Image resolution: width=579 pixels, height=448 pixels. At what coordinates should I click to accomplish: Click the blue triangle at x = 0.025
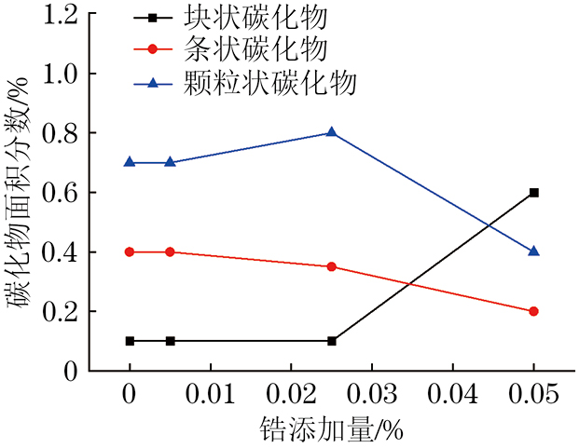pos(332,132)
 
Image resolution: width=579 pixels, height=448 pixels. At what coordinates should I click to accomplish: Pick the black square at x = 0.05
pos(533,192)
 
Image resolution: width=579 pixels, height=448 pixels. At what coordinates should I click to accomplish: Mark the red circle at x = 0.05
pos(533,311)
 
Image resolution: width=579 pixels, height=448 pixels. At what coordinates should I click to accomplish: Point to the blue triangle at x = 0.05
pos(533,251)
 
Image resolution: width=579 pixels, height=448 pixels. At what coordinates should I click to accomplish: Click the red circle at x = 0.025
pos(332,266)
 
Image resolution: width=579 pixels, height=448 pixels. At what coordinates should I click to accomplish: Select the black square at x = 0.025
pos(332,341)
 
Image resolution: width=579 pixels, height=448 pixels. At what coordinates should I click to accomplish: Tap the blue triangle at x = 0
pos(130,162)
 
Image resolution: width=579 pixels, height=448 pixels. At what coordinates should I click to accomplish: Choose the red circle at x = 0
pos(130,251)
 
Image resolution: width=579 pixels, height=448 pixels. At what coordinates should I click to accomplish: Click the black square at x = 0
pos(130,341)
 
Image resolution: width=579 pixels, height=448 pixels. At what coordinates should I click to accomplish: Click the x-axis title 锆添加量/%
pos(331,429)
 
